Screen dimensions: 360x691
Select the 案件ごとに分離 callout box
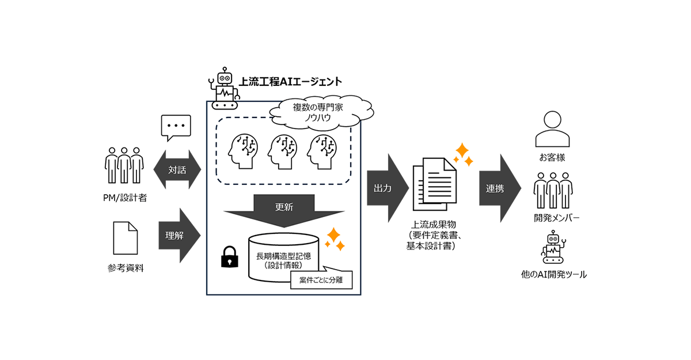click(x=321, y=281)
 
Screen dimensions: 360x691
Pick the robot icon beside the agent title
click(x=223, y=89)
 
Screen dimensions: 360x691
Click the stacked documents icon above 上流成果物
click(x=434, y=185)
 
